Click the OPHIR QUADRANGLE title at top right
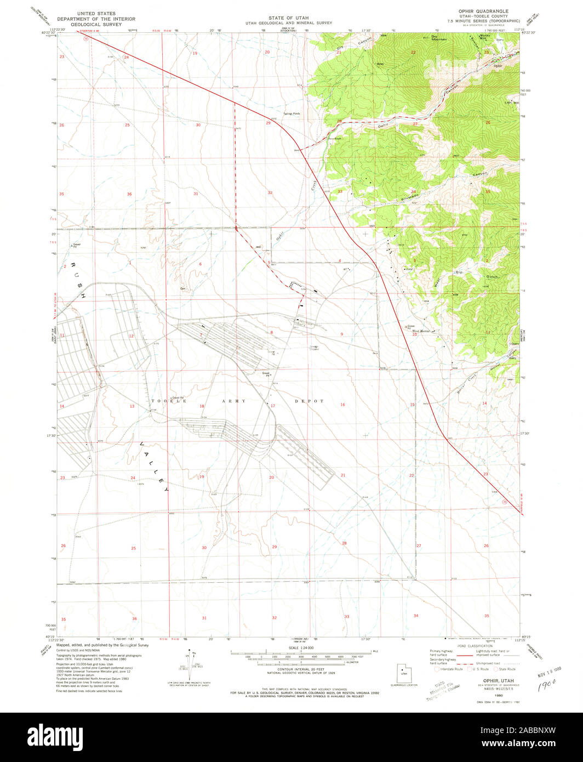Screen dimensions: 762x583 tap(483, 11)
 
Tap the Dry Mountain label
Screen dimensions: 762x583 tap(439, 38)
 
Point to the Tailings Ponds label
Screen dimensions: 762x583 tap(292, 113)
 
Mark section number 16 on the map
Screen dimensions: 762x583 tap(342, 405)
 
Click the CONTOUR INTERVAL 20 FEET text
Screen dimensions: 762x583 tap(300, 670)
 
